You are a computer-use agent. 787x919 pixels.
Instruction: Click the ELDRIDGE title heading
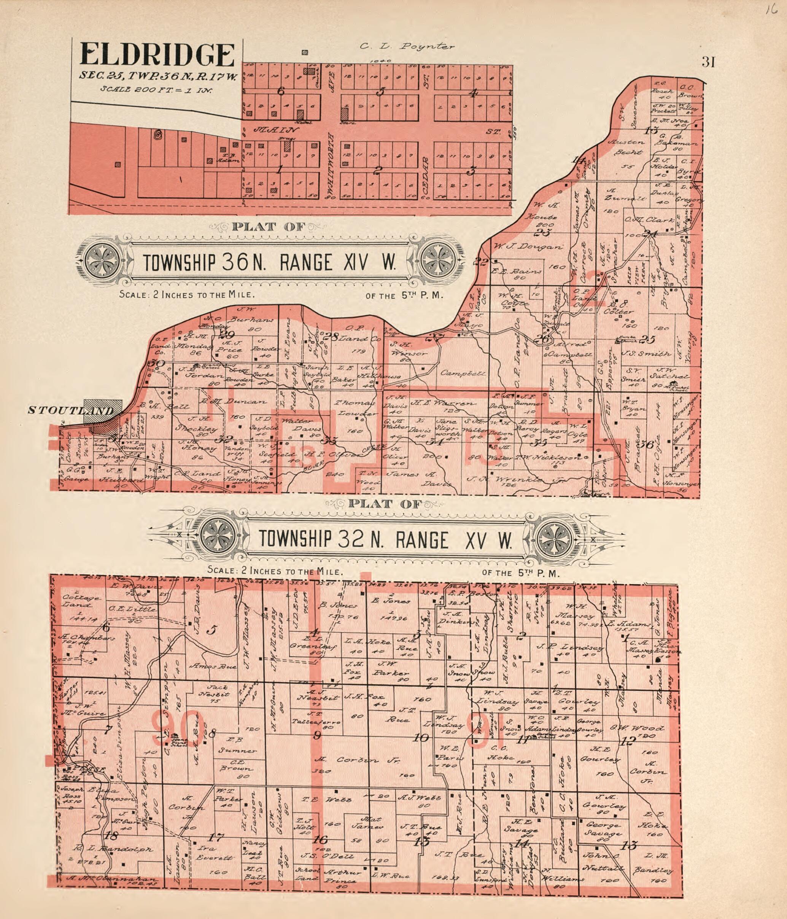pos(157,56)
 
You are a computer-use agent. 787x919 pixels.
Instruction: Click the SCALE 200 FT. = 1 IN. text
pos(157,89)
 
